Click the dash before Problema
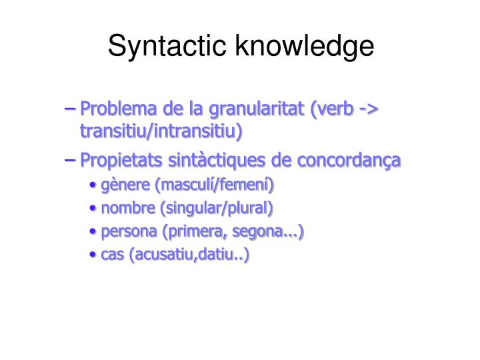(x=73, y=109)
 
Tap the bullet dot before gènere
(x=94, y=185)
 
